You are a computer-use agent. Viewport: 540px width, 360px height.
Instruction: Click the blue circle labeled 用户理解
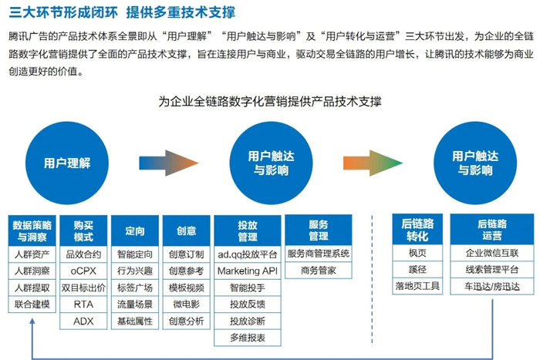(x=67, y=163)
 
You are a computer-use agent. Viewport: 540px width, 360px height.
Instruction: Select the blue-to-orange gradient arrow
(x=169, y=163)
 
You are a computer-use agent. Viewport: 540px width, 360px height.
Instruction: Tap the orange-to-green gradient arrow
(x=373, y=163)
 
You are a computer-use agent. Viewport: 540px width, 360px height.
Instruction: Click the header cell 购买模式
(x=83, y=230)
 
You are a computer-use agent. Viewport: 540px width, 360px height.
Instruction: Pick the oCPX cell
(x=83, y=271)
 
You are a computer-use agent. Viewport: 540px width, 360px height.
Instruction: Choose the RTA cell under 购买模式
(x=83, y=304)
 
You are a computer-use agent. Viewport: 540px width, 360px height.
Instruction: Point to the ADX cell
(x=83, y=321)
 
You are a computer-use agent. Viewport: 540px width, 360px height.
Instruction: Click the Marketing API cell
(x=248, y=271)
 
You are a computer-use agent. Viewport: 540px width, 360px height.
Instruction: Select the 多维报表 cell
(x=248, y=338)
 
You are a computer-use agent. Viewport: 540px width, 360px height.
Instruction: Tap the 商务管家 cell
(x=318, y=270)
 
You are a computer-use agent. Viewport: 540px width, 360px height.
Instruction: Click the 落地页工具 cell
(x=417, y=286)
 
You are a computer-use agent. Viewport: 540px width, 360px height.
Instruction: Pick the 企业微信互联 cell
(x=492, y=253)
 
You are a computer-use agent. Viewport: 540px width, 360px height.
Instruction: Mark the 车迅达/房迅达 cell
(x=492, y=286)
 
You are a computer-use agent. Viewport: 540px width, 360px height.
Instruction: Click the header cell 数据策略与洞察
(x=32, y=230)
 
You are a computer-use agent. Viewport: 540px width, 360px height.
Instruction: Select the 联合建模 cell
(x=32, y=304)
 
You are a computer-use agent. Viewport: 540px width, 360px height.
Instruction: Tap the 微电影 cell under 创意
(x=187, y=304)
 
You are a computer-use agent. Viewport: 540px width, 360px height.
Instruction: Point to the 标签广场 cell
(x=135, y=288)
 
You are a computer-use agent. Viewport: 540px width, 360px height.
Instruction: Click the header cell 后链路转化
(x=417, y=230)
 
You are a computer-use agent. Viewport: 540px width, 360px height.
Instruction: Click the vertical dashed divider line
(x=372, y=280)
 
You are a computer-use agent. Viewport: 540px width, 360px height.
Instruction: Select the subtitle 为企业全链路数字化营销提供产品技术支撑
(x=270, y=101)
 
